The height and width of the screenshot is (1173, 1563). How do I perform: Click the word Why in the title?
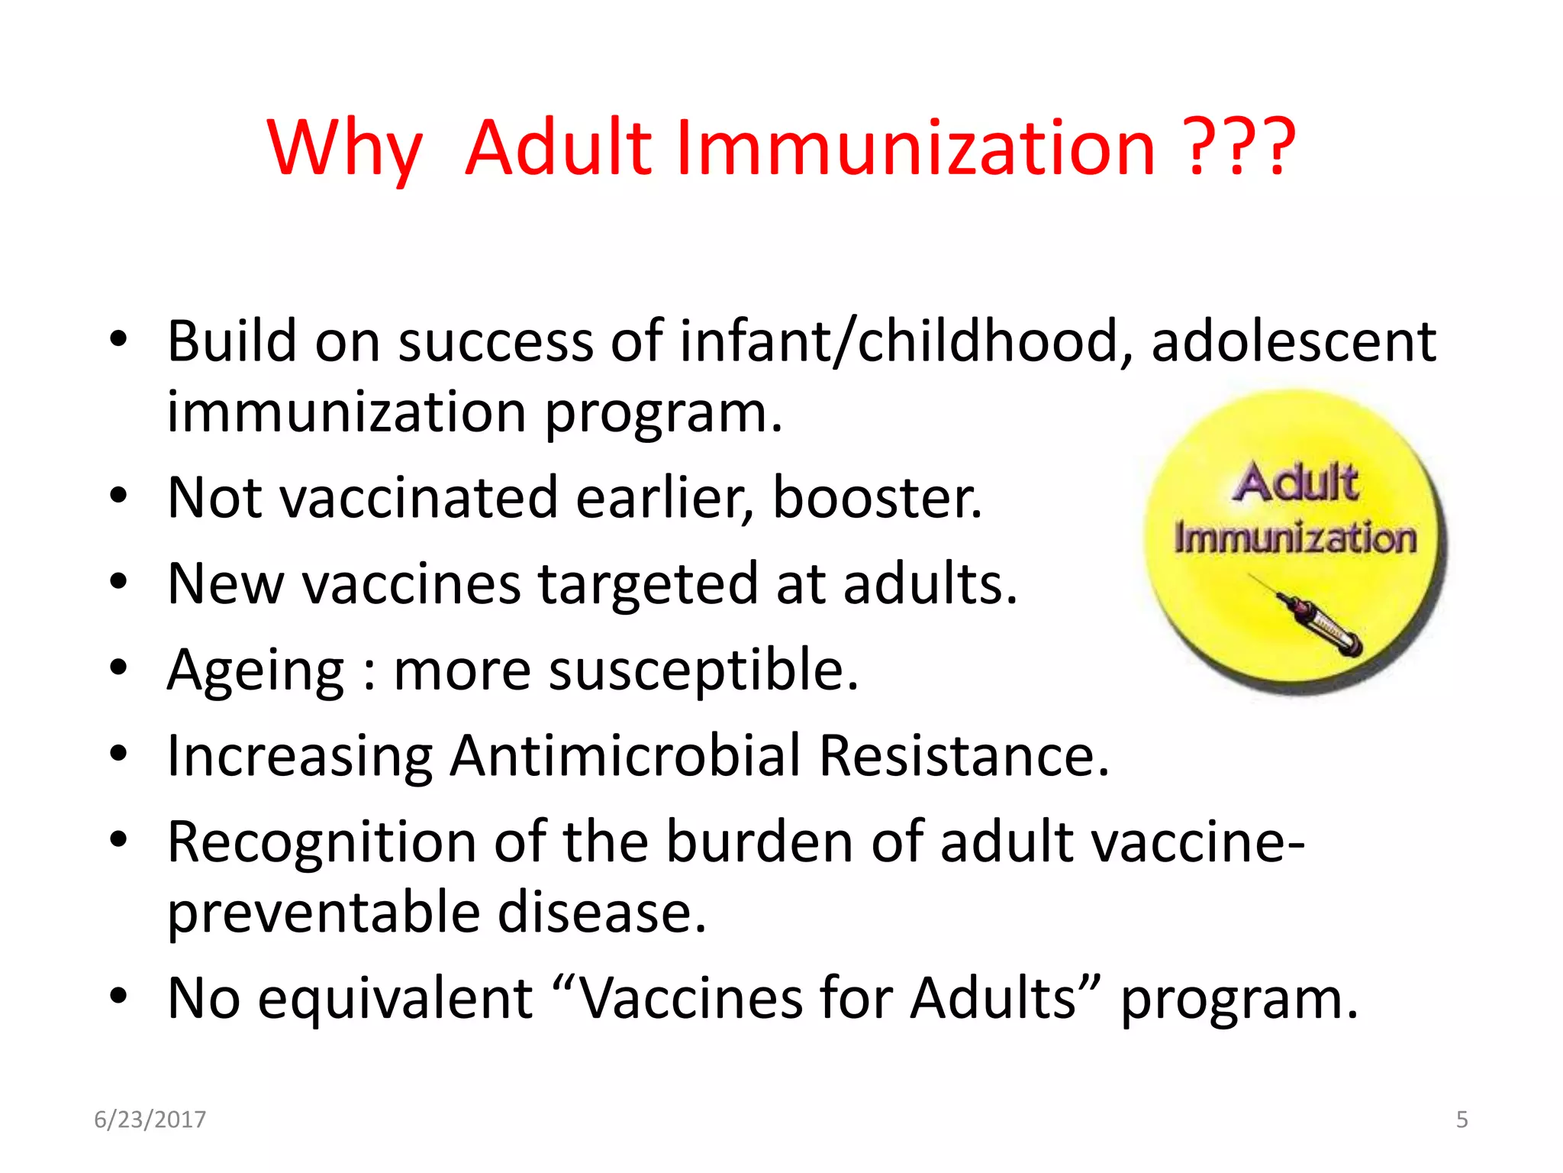[x=344, y=149]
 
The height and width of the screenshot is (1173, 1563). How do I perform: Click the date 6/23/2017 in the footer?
[x=150, y=1120]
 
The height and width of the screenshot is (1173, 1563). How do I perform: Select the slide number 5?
[x=1461, y=1120]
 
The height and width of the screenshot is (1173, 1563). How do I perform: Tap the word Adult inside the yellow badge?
[x=1295, y=483]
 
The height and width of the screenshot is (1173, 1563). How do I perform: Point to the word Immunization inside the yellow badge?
[x=1295, y=538]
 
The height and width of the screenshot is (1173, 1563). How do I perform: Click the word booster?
[x=877, y=498]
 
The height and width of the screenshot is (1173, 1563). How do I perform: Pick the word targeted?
[x=648, y=584]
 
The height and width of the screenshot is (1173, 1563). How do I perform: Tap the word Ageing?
[x=256, y=671]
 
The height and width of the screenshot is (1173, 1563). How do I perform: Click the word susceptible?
[x=703, y=671]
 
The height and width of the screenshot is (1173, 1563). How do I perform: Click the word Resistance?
[x=964, y=756]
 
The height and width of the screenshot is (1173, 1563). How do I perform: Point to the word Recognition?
[x=321, y=842]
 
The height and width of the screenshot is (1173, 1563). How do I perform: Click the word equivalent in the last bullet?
[x=395, y=998]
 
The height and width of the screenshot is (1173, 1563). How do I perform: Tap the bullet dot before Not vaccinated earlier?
[x=118, y=497]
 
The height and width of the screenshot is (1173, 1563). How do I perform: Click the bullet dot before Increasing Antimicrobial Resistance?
[x=118, y=755]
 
